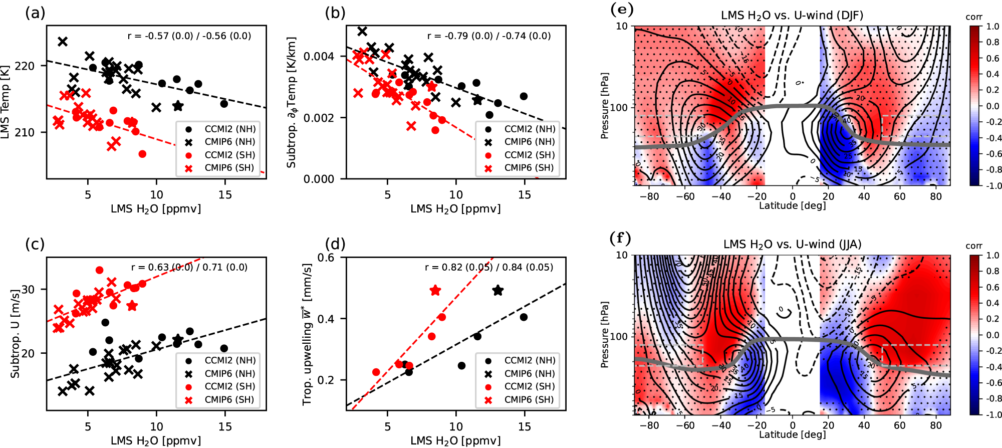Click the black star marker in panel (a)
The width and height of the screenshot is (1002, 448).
click(x=178, y=106)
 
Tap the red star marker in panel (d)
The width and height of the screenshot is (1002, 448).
click(x=435, y=291)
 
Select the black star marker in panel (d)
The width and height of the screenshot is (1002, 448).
click(x=497, y=290)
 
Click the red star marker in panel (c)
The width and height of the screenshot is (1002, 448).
click(x=132, y=306)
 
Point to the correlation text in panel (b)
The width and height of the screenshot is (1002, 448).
click(x=488, y=36)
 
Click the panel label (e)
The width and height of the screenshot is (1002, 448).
click(x=621, y=9)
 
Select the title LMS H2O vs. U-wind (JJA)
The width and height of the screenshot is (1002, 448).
click(x=792, y=245)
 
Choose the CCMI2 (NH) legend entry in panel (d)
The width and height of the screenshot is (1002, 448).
click(x=530, y=360)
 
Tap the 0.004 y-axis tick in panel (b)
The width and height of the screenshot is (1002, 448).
click(x=319, y=56)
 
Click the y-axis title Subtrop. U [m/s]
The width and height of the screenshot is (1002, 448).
click(x=15, y=333)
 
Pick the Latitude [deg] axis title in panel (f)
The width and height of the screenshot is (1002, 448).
click(x=792, y=434)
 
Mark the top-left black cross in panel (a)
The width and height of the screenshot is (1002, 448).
click(x=63, y=42)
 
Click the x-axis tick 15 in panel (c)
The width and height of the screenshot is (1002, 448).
click(x=225, y=426)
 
